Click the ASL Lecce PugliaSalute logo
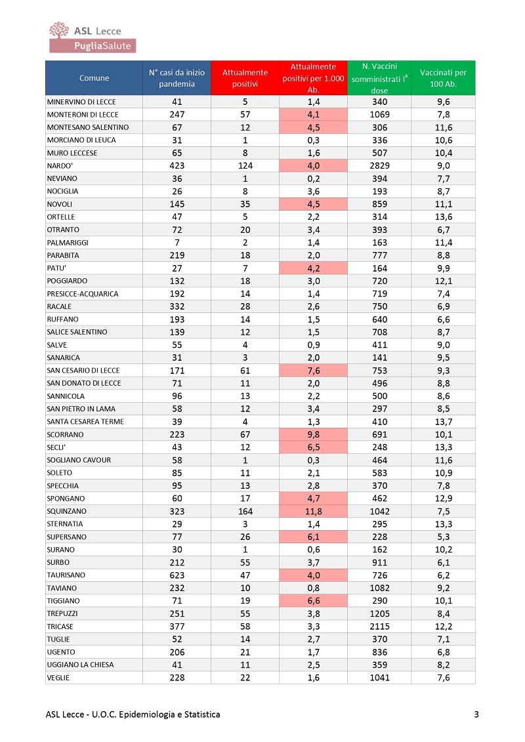click(93, 37)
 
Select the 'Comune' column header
click(94, 78)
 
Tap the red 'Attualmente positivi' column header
click(245, 78)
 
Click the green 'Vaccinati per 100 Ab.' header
click(443, 78)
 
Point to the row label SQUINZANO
click(67, 511)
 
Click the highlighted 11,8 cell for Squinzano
click(314, 511)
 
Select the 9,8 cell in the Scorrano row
click(314, 434)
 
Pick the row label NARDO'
click(60, 165)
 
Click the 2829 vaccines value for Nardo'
click(380, 165)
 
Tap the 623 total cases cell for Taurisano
click(177, 575)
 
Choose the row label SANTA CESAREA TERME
click(85, 422)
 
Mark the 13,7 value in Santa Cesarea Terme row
click(444, 422)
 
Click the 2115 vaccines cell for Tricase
click(380, 626)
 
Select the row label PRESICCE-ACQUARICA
click(83, 294)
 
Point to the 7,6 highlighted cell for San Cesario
click(314, 371)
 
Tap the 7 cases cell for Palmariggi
click(177, 242)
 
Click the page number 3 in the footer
click(476, 714)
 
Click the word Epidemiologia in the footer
click(147, 714)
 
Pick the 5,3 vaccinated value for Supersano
click(444, 537)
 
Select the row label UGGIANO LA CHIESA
click(81, 665)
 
